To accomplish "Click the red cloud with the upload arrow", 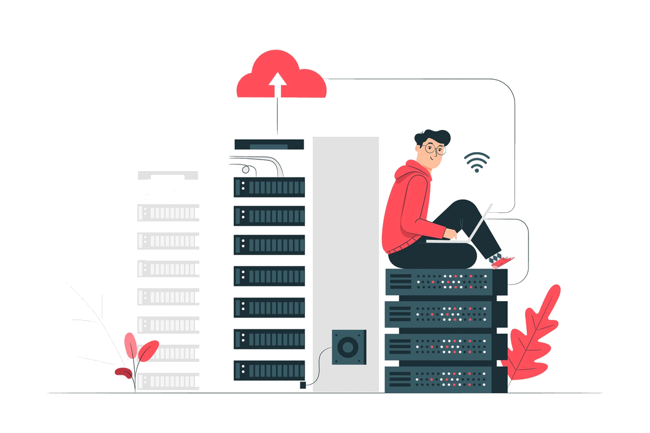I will (x=281, y=77).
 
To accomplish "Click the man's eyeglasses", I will (x=434, y=148).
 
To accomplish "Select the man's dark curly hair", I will (x=432, y=137).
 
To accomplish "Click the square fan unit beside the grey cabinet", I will (x=348, y=347).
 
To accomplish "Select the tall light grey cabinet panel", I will (x=345, y=245).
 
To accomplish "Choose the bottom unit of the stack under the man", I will (x=446, y=379).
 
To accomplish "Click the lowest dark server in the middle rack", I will (x=269, y=370).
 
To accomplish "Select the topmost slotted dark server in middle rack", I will (x=269, y=186).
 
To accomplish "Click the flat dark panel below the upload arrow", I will (x=269, y=145).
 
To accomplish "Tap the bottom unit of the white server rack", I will (x=168, y=381).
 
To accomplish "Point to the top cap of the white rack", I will (x=168, y=176).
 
